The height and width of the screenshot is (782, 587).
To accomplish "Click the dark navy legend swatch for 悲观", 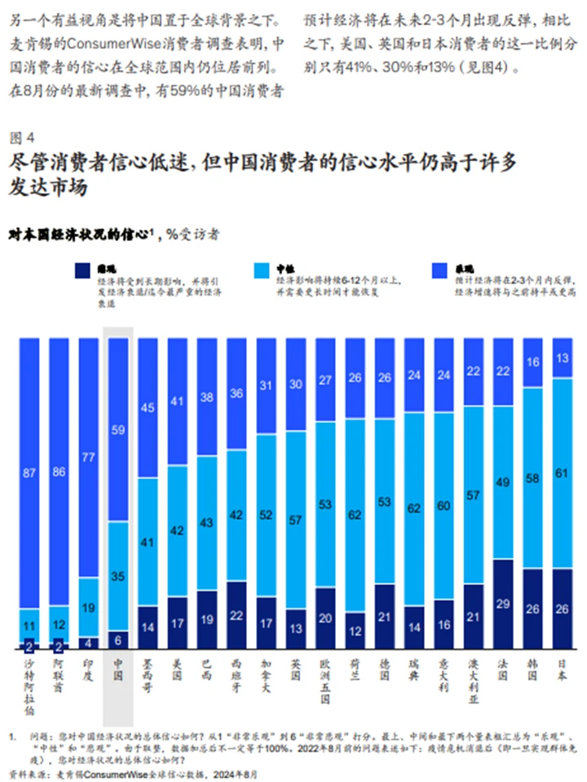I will click(x=82, y=271).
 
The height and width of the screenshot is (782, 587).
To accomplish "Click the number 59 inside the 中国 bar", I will click(x=119, y=429).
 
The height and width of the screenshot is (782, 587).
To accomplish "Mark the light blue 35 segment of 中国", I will click(x=119, y=576).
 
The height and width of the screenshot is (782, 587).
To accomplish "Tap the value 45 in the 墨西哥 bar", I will click(x=148, y=407).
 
